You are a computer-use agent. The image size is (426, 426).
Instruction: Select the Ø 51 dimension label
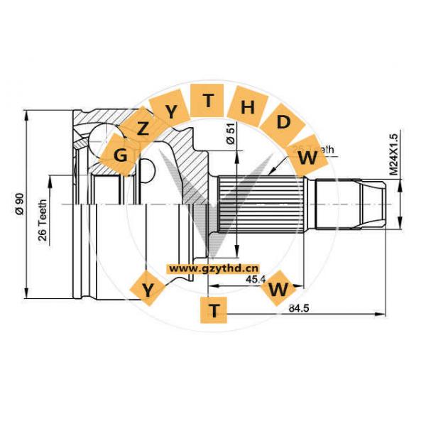[231, 135]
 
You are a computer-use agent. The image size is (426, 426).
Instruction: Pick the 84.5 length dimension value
[298, 307]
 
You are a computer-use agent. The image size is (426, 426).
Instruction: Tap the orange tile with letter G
[121, 153]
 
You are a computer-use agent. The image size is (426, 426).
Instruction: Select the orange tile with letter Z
[143, 129]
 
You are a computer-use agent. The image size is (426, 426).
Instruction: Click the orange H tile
[247, 107]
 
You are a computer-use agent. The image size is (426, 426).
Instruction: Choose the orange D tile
[283, 122]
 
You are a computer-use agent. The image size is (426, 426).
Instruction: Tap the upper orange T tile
[208, 101]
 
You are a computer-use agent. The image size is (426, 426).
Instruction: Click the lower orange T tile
[214, 309]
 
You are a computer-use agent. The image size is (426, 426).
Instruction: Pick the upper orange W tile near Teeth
[307, 158]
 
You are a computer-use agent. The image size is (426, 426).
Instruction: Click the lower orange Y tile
[148, 290]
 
